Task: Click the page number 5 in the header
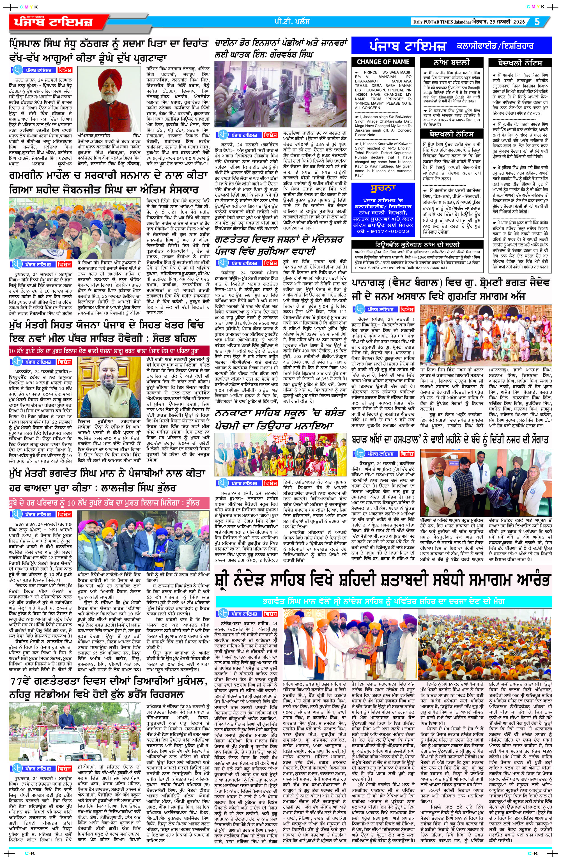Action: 537,22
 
